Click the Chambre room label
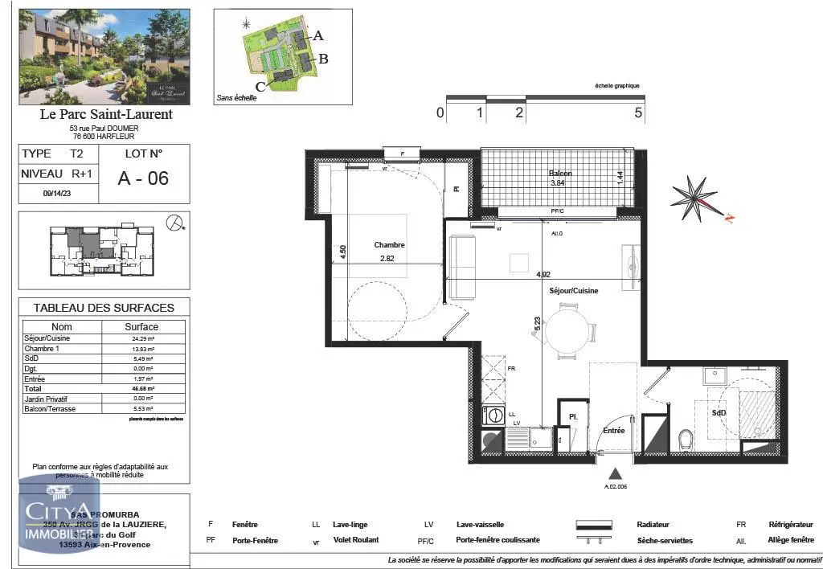[389, 245]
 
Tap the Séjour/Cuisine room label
[573, 291]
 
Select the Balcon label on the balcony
[560, 174]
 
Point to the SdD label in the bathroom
[719, 412]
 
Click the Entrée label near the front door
[614, 431]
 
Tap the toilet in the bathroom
[686, 439]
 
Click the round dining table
[567, 330]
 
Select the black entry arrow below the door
[616, 473]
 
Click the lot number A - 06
[143, 178]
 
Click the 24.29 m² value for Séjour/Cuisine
[142, 339]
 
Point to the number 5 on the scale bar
[639, 113]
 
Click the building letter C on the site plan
[260, 86]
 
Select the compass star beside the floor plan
[694, 198]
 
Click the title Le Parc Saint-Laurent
[105, 114]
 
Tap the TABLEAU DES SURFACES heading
[104, 308]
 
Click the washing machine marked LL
[491, 415]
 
